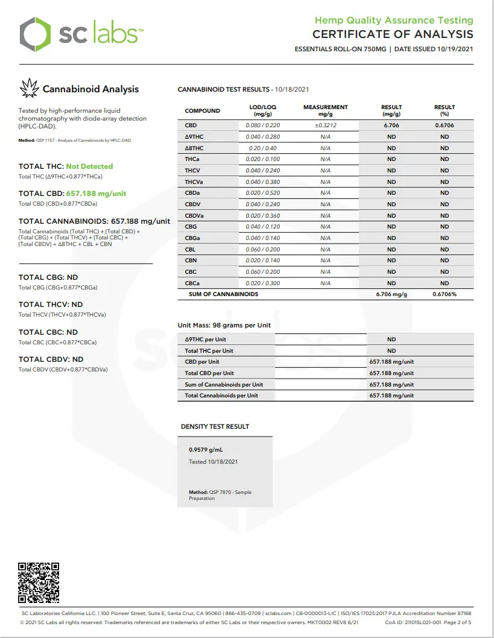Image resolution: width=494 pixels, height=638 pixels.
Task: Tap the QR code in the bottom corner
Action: point(39,583)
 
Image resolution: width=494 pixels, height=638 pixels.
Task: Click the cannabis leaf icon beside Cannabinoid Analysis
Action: point(29,89)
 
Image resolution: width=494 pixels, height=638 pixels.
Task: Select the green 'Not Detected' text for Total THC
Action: point(89,166)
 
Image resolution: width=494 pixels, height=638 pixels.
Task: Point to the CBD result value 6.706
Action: point(391,125)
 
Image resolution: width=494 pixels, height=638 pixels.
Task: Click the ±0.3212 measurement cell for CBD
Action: point(325,125)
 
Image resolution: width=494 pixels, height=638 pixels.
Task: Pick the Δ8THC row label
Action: point(194,148)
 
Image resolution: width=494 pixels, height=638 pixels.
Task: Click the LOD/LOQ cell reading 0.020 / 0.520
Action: point(263,193)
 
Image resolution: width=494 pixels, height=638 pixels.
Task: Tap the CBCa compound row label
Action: point(193,283)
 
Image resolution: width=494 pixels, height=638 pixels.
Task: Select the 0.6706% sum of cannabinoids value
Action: point(445,294)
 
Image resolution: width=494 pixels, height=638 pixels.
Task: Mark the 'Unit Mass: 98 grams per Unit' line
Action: point(224,325)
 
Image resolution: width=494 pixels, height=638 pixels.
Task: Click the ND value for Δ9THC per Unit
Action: point(391,340)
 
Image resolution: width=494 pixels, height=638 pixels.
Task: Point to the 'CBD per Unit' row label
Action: point(202,362)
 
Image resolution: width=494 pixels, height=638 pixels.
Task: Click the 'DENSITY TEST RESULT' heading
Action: point(215,426)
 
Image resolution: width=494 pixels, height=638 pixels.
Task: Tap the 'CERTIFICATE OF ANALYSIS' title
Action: point(393,34)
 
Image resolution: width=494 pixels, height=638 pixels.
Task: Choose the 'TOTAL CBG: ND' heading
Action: point(48,277)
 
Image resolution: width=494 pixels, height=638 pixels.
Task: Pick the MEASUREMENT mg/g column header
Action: point(325,110)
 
